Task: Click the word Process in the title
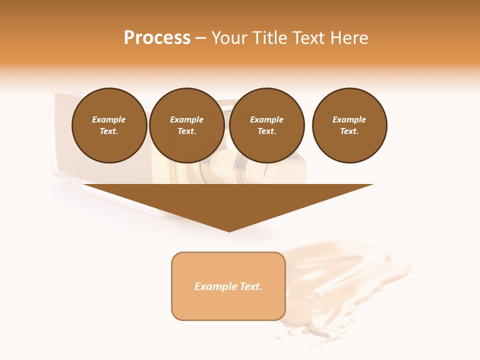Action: tap(157, 38)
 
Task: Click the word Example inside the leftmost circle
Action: tap(109, 119)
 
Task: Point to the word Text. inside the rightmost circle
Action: tap(349, 131)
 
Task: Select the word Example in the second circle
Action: tap(186, 119)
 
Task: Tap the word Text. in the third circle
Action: tap(266, 131)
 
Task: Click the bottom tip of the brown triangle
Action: tap(229, 231)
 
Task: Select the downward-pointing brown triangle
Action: tap(228, 200)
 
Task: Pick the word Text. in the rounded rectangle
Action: tap(250, 286)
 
